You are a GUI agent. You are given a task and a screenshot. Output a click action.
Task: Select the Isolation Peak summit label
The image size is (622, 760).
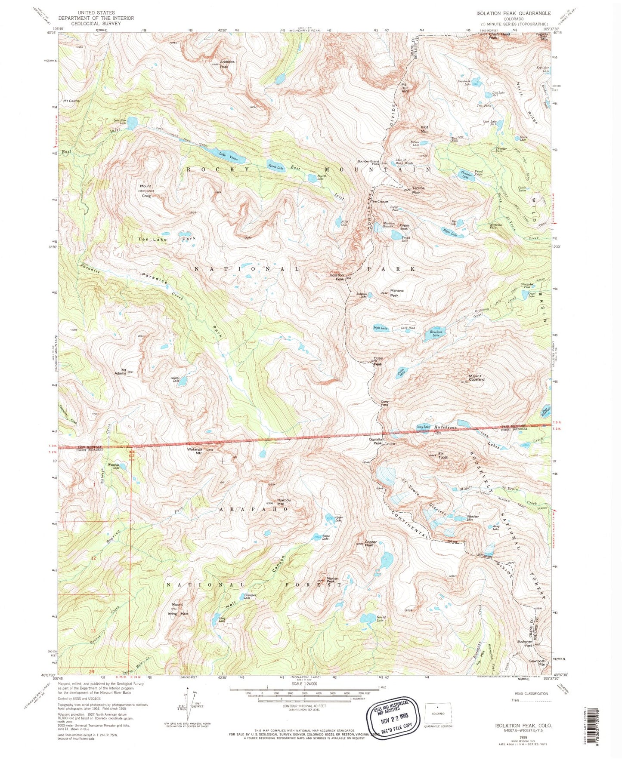click(337, 277)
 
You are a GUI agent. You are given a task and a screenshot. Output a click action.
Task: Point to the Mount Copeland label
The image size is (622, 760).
click(477, 378)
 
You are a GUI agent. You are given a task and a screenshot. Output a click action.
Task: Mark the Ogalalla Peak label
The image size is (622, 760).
click(375, 441)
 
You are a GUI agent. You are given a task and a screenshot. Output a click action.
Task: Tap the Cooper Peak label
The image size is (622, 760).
click(371, 544)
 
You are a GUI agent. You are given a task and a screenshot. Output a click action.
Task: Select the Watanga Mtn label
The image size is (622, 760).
click(196, 451)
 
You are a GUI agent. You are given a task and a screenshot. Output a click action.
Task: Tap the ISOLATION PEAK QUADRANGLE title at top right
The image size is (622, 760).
click(511, 13)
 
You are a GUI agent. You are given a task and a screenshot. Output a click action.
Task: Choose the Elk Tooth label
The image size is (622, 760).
click(443, 455)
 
